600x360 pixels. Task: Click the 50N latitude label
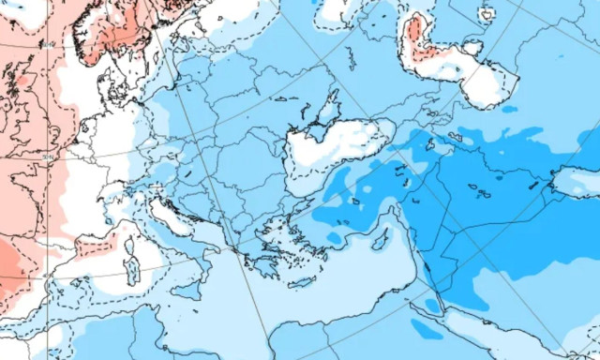pos(49,157)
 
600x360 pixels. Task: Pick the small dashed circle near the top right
pos(486,15)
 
